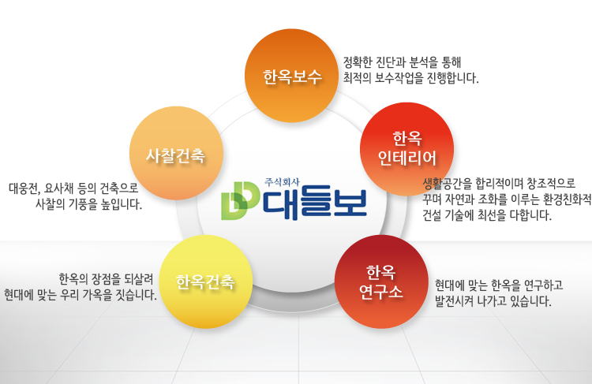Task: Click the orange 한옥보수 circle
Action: click(x=291, y=76)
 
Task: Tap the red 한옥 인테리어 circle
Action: click(x=407, y=149)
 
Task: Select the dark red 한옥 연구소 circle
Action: click(x=381, y=281)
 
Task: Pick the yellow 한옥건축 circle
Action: click(x=206, y=281)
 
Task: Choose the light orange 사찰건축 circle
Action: click(x=176, y=153)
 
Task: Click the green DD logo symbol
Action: click(x=240, y=201)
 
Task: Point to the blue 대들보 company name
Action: click(x=314, y=204)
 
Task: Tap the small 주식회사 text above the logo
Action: click(x=282, y=182)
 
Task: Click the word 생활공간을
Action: click(x=448, y=184)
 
